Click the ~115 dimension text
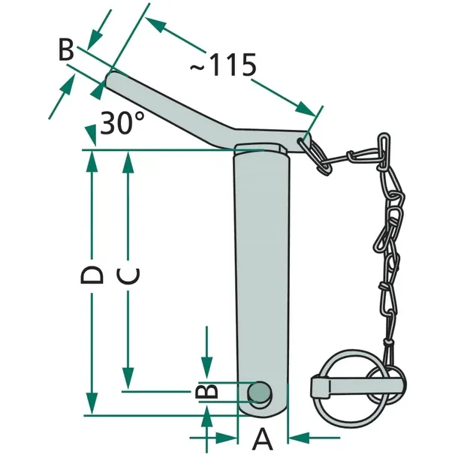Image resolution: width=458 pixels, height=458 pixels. click(x=224, y=65)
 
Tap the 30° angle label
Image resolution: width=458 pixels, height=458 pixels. click(x=122, y=122)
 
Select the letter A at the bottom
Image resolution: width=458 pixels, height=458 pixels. click(x=262, y=439)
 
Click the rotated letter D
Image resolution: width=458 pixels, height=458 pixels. click(x=92, y=275)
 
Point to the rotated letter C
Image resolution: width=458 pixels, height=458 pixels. click(x=128, y=276)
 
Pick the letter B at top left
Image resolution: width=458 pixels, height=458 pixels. click(x=66, y=50)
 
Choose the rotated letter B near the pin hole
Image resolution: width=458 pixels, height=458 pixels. click(x=206, y=391)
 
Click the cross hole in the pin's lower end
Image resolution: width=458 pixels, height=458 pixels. click(x=260, y=392)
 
